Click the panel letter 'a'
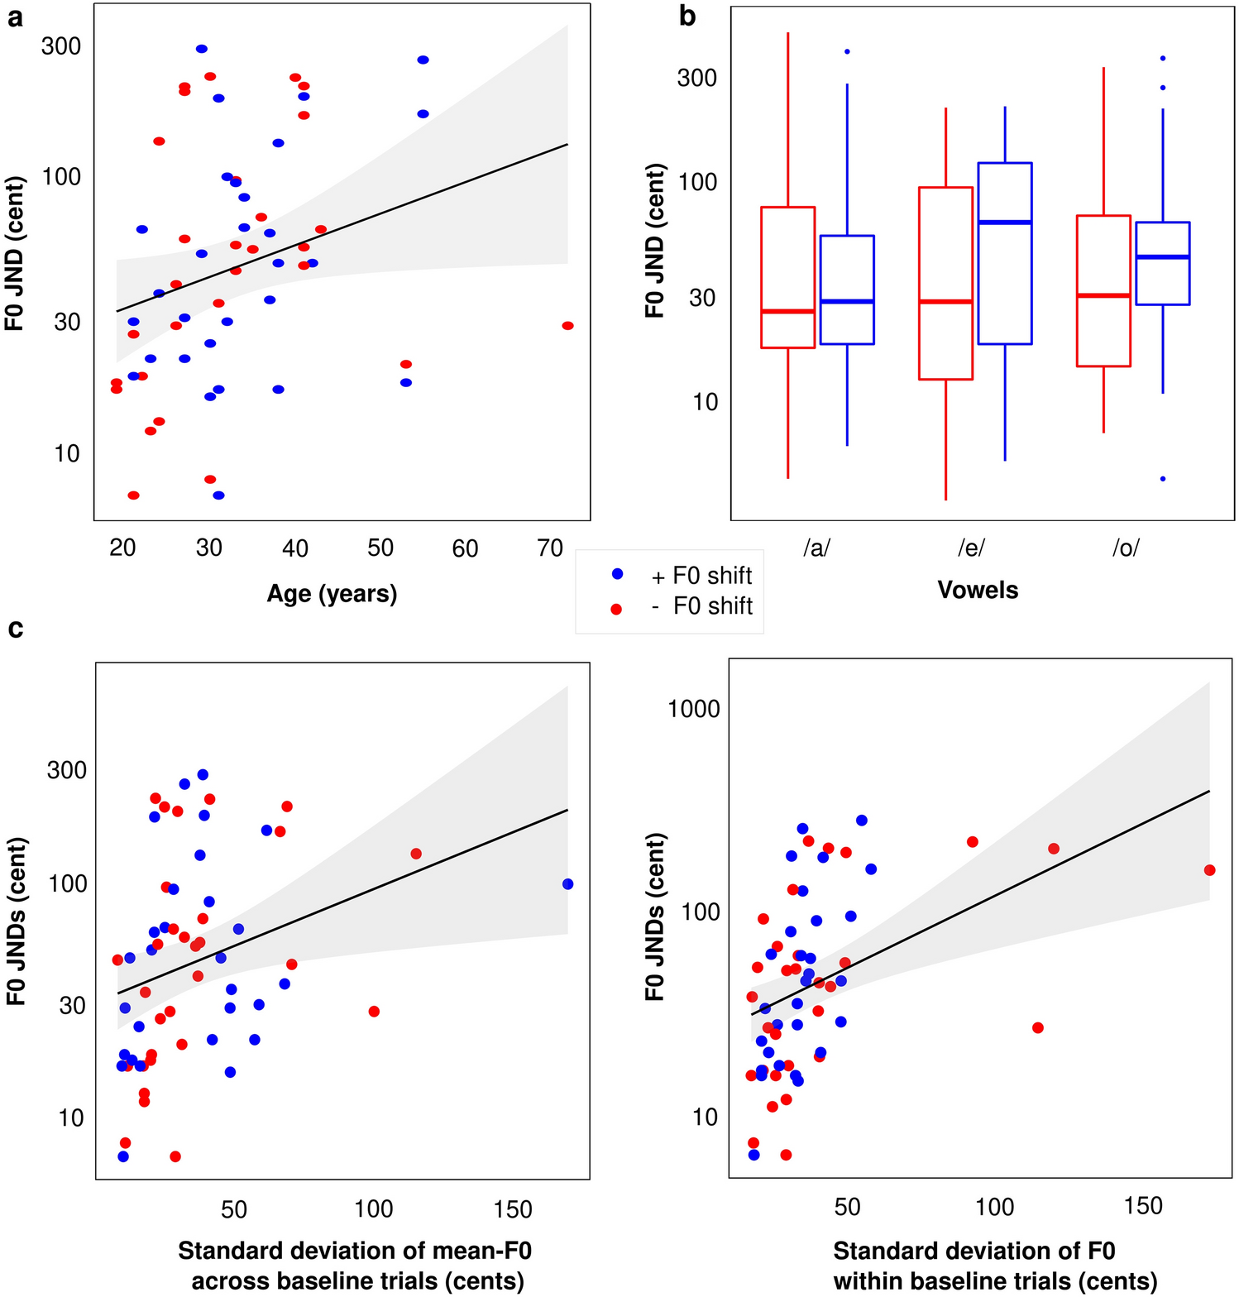(15, 18)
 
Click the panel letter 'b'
(687, 16)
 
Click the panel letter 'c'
(15, 629)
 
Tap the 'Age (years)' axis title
(332, 594)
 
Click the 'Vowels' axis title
(978, 591)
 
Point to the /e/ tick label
(971, 548)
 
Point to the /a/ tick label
(816, 548)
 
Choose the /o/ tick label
(1126, 548)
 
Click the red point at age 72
(567, 326)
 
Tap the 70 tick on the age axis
(550, 548)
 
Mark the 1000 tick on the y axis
(694, 709)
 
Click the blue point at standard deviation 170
(567, 884)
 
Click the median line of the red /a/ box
(787, 311)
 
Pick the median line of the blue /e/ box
(1004, 223)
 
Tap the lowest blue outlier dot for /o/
(1163, 479)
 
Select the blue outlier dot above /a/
(847, 52)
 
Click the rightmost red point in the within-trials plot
(1209, 870)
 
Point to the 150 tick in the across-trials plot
(513, 1210)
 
